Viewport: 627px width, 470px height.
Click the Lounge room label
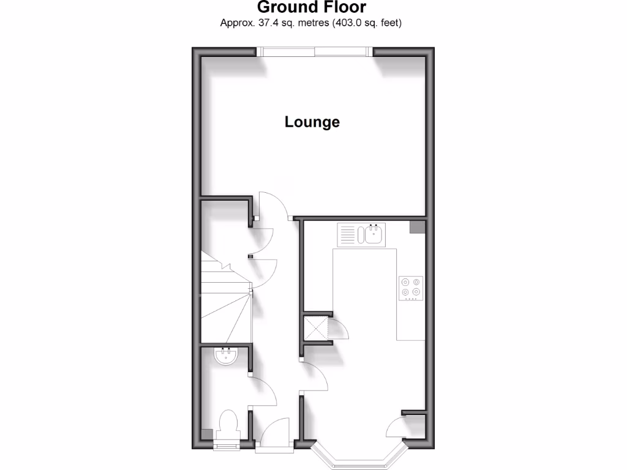click(x=312, y=122)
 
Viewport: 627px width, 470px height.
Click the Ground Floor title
click(x=312, y=7)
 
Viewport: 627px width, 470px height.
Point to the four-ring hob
click(x=410, y=289)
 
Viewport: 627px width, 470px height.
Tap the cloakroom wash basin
click(x=227, y=356)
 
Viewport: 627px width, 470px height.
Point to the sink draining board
click(x=347, y=234)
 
